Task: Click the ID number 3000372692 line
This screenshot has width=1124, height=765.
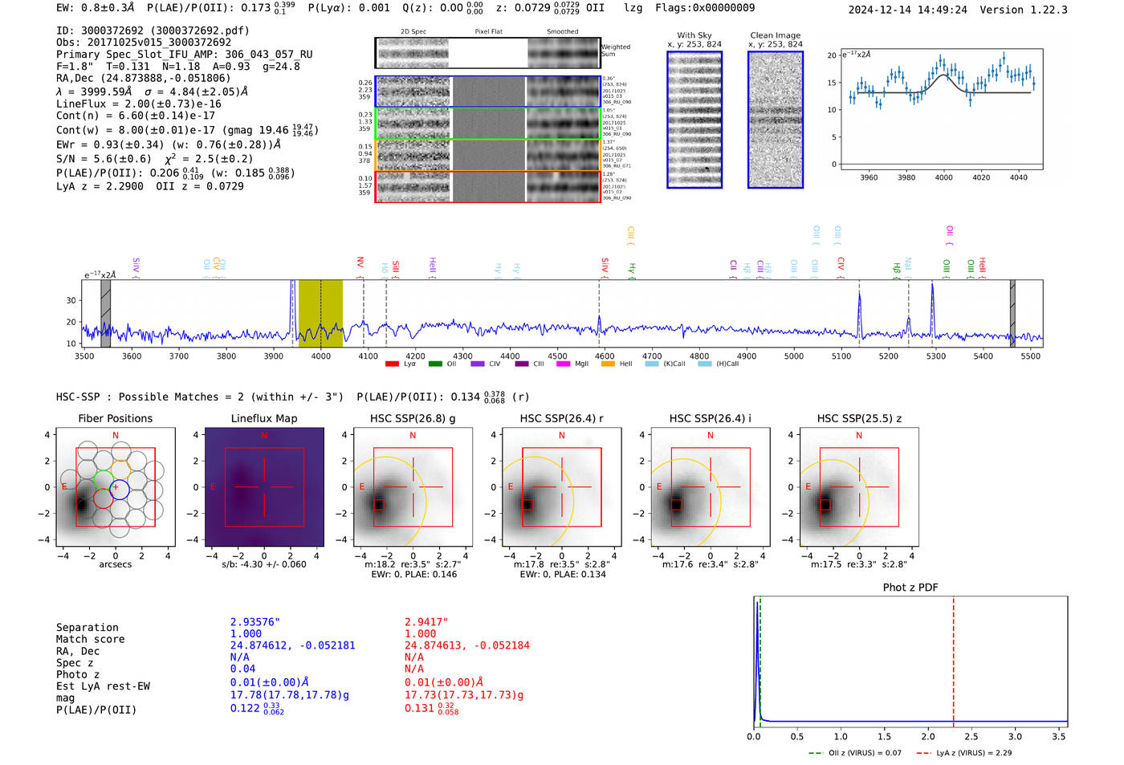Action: click(153, 31)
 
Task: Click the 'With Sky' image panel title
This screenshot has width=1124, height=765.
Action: click(694, 35)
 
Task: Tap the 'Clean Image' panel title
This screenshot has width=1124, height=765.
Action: click(775, 35)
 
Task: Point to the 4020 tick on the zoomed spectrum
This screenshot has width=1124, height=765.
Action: click(981, 177)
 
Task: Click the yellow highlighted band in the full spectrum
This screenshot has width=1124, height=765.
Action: click(320, 313)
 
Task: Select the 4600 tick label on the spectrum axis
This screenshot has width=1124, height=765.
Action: click(605, 356)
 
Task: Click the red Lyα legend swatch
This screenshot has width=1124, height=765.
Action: click(392, 364)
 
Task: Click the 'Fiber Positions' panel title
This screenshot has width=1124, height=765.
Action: click(115, 418)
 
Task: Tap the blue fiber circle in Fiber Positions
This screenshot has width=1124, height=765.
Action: click(120, 488)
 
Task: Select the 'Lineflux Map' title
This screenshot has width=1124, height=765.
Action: click(263, 418)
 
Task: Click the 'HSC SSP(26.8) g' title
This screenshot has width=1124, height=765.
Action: click(413, 418)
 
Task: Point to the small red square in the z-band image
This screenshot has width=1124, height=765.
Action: click(825, 504)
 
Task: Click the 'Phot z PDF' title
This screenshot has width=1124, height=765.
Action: click(910, 588)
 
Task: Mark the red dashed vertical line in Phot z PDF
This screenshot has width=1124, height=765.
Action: click(953, 658)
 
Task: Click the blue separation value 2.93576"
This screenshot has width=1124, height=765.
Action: click(255, 622)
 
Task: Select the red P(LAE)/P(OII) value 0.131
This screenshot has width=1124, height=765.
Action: click(419, 708)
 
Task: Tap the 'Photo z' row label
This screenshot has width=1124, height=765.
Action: click(78, 674)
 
